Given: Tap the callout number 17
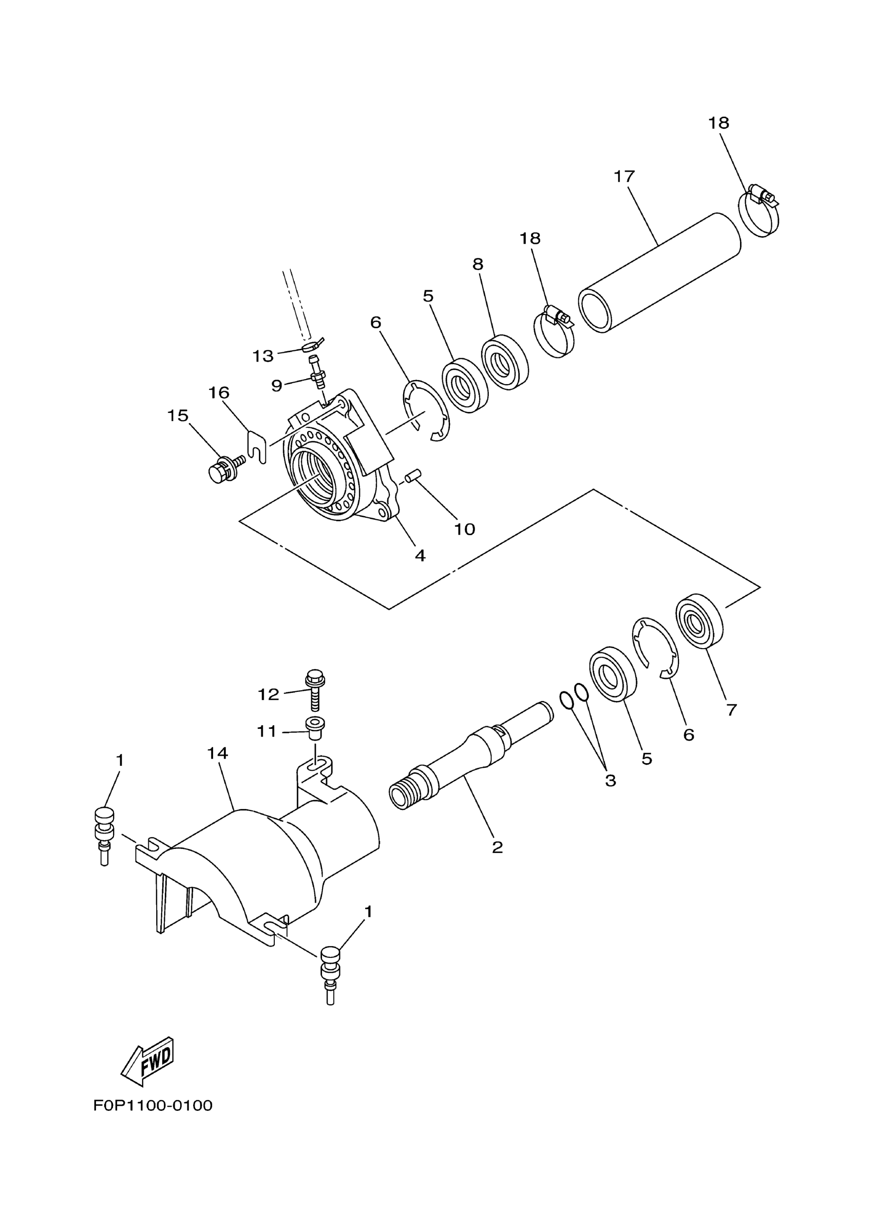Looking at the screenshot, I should pyautogui.click(x=624, y=176).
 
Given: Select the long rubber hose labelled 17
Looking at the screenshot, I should pyautogui.click(x=659, y=273).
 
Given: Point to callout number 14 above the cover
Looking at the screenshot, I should pyautogui.click(x=218, y=753).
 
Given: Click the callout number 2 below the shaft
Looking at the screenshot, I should pyautogui.click(x=497, y=847).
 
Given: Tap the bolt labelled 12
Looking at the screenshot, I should pyautogui.click(x=315, y=690).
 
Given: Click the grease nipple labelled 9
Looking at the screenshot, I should pyautogui.click(x=317, y=374).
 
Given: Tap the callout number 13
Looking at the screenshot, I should pyautogui.click(x=263, y=356).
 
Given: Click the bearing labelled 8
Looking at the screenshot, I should pyautogui.click(x=505, y=362).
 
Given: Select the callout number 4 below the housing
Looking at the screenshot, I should pyautogui.click(x=420, y=555).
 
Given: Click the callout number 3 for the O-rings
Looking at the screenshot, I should pyautogui.click(x=610, y=781).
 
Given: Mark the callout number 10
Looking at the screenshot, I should pyautogui.click(x=464, y=529).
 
